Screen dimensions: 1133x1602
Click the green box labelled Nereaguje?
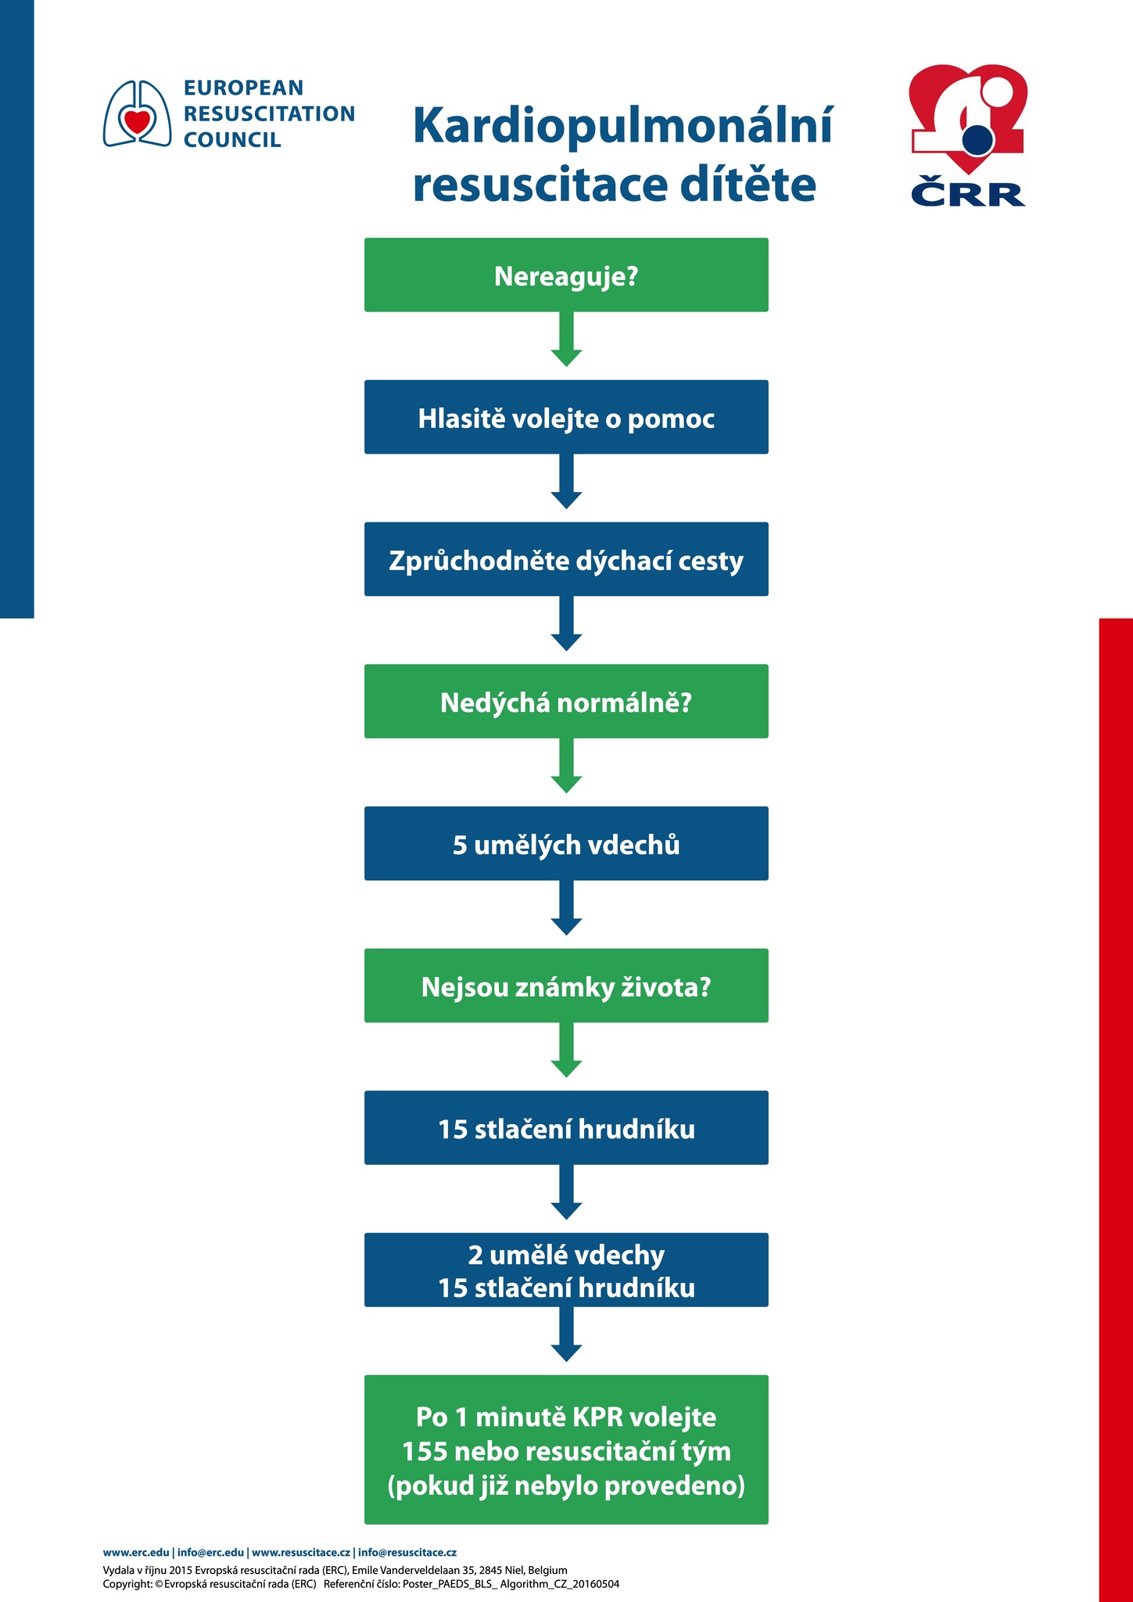pos(566,275)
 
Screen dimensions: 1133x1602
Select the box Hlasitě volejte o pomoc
pos(566,417)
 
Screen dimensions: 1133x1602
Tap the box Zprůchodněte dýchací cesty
pos(566,559)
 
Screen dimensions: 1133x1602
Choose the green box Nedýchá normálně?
pos(566,701)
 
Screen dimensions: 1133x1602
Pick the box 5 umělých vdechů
pos(566,843)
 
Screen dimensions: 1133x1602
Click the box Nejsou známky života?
pos(566,986)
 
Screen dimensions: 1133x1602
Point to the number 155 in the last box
pos(425,1452)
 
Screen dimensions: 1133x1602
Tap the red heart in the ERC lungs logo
pos(137,121)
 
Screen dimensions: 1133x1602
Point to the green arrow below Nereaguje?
pos(566,339)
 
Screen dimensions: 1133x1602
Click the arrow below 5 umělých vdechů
pos(566,907)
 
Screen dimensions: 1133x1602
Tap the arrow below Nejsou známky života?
pos(566,1050)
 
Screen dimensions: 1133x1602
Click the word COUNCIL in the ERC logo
pos(232,140)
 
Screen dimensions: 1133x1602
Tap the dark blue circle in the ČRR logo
pos(977,141)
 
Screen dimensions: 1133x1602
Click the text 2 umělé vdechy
pos(566,1255)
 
